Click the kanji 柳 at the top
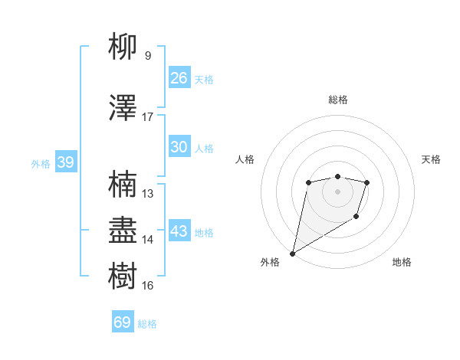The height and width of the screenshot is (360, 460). tap(123, 48)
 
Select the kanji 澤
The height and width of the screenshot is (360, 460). tap(123, 108)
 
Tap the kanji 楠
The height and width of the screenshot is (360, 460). tap(123, 185)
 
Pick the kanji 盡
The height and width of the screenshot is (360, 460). tap(123, 231)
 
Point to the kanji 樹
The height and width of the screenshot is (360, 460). tap(123, 277)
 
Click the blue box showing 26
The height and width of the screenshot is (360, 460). tap(179, 77)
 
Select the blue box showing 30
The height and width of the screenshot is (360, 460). tap(179, 147)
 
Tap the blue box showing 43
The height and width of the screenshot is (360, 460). tap(179, 231)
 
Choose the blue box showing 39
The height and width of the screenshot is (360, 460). tap(65, 162)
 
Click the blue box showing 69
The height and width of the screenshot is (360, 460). tap(123, 322)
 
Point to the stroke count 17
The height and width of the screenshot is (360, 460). tap(148, 117)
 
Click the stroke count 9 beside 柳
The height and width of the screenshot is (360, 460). tap(148, 56)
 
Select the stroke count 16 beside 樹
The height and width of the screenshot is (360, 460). tap(148, 286)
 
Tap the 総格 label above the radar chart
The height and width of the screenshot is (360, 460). tap(337, 100)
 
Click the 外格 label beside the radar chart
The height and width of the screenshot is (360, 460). tap(270, 262)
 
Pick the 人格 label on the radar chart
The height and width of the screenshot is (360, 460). tap(245, 159)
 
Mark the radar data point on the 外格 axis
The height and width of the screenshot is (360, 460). tap(292, 253)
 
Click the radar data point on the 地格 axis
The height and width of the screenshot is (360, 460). tap(356, 218)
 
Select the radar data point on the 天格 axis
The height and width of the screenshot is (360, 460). tap(367, 182)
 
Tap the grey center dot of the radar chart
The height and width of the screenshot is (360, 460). tap(337, 191)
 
